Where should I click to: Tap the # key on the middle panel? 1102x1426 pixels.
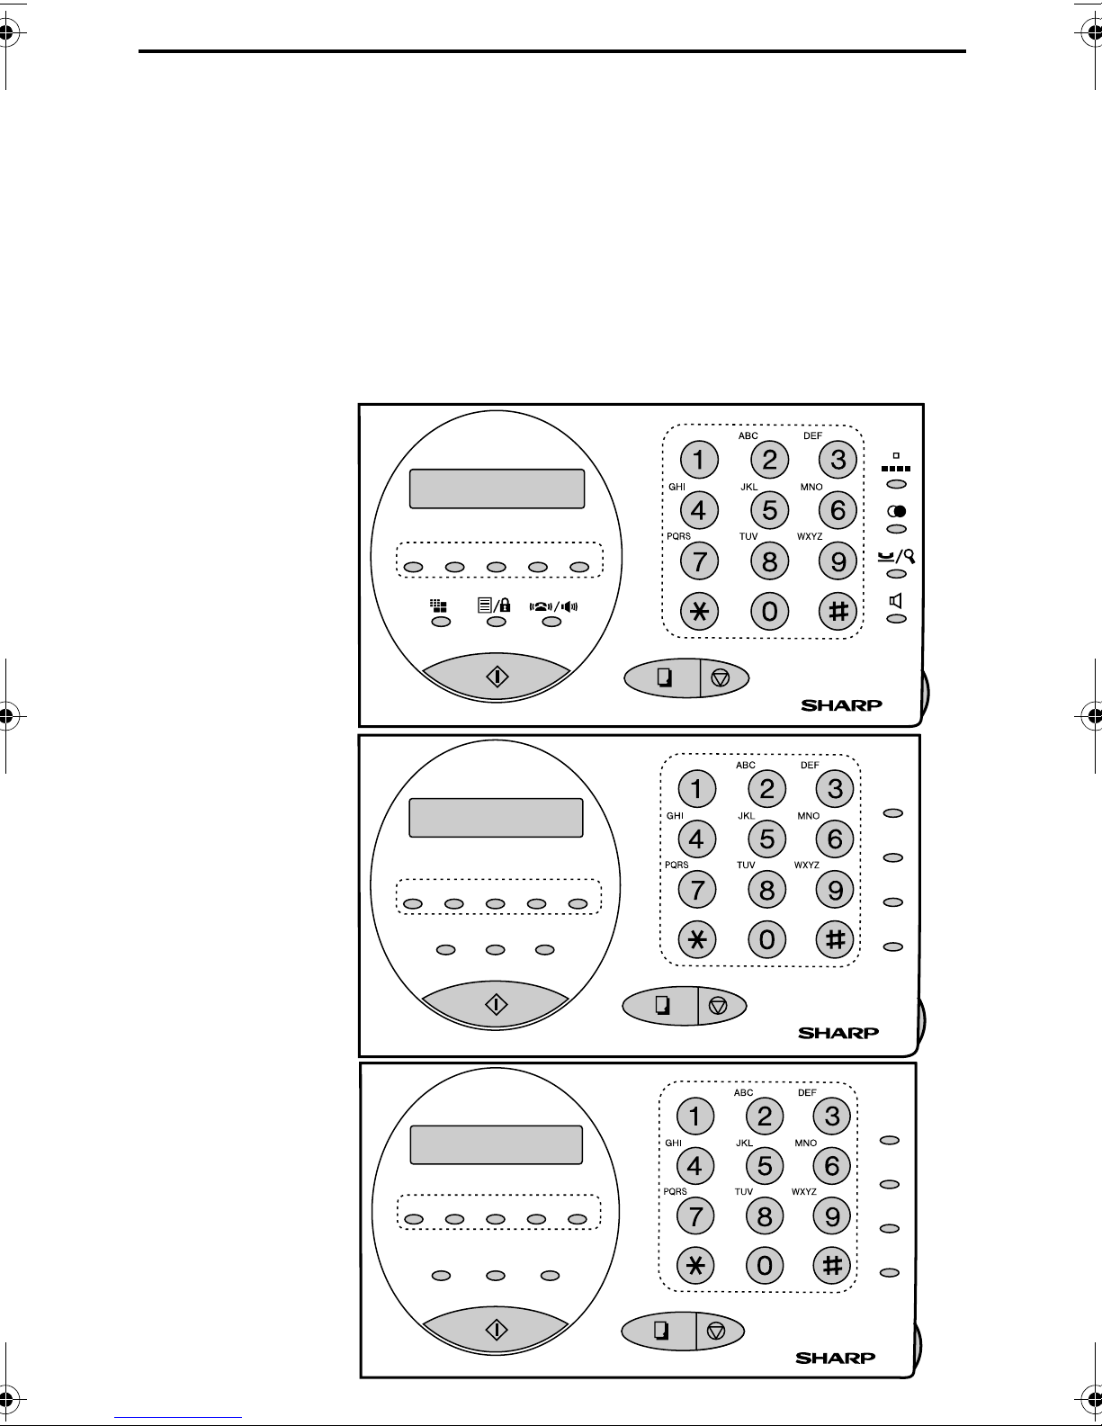pyautogui.click(x=835, y=940)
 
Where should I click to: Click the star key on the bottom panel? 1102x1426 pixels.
pyautogui.click(x=694, y=1266)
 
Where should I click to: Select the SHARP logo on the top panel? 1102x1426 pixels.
pyautogui.click(x=842, y=705)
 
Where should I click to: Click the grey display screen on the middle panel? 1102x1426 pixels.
pyautogui.click(x=497, y=818)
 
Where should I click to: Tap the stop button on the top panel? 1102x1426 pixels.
pyautogui.click(x=721, y=677)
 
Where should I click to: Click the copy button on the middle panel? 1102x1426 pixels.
pyautogui.click(x=661, y=1006)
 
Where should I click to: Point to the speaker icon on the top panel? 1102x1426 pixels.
pyautogui.click(x=896, y=601)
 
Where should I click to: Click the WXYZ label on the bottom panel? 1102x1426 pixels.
pyautogui.click(x=804, y=1192)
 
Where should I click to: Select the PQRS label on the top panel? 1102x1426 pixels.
pyautogui.click(x=678, y=536)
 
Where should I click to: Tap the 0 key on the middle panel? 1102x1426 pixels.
pyautogui.click(x=766, y=940)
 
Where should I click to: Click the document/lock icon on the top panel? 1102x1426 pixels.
pyautogui.click(x=494, y=605)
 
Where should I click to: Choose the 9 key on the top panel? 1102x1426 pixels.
pyautogui.click(x=838, y=562)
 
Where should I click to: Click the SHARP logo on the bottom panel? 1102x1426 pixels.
pyautogui.click(x=835, y=1358)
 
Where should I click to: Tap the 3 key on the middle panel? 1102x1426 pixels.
pyautogui.click(x=835, y=789)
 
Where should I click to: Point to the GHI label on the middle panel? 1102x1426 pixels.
pyautogui.click(x=675, y=816)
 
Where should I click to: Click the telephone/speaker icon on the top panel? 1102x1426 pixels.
pyautogui.click(x=553, y=605)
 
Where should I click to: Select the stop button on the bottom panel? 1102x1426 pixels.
pyautogui.click(x=716, y=1332)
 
